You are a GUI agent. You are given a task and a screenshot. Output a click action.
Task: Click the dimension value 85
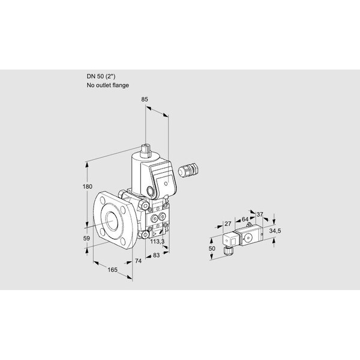click(145, 100)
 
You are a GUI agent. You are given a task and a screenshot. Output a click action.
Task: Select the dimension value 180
click(87, 187)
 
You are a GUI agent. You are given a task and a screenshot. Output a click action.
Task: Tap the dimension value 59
click(86, 238)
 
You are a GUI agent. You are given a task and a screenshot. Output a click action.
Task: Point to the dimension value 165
click(113, 269)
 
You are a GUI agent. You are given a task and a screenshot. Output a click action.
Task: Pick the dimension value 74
click(138, 261)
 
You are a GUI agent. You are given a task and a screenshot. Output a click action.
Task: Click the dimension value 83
click(156, 255)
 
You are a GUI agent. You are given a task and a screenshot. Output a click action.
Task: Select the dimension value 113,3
click(157, 241)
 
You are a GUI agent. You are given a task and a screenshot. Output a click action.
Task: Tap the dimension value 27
click(227, 223)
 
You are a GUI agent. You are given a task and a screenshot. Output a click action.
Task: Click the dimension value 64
click(245, 219)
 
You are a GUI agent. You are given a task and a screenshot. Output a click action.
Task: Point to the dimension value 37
click(259, 214)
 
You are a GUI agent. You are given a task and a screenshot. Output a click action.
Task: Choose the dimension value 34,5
click(275, 231)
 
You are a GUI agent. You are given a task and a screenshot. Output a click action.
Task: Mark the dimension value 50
click(212, 248)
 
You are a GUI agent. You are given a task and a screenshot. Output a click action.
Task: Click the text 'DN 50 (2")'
click(101, 76)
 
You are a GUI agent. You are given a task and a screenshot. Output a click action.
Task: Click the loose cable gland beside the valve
click(188, 170)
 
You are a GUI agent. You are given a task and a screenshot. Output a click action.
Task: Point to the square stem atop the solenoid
click(146, 151)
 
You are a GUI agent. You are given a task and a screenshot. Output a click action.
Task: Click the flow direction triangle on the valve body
click(154, 234)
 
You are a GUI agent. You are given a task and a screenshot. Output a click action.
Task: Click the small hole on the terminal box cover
click(166, 184)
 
